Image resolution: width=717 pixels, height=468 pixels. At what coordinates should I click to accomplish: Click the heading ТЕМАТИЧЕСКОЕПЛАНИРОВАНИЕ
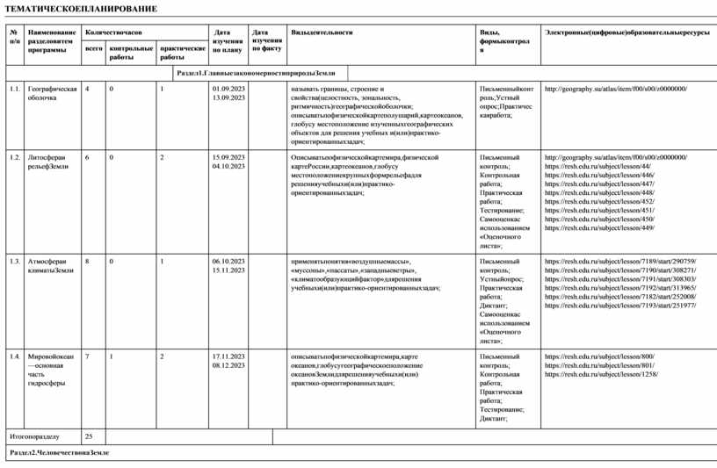(x=82, y=9)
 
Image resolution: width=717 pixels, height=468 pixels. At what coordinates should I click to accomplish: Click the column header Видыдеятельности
(x=322, y=32)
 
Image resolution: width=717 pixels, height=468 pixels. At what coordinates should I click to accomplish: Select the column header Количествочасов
(x=113, y=32)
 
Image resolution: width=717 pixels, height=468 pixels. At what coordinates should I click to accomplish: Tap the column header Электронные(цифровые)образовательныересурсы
(x=626, y=32)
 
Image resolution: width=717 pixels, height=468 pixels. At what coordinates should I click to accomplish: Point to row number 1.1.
(x=14, y=89)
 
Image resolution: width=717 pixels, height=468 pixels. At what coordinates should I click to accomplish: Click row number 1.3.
(x=14, y=261)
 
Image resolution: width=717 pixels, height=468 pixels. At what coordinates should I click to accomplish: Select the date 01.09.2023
(x=228, y=89)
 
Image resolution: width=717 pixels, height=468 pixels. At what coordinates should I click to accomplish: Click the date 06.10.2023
(x=228, y=261)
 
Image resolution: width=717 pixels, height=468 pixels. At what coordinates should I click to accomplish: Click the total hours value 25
(x=89, y=436)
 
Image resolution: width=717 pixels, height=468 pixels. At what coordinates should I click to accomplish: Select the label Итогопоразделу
(x=34, y=436)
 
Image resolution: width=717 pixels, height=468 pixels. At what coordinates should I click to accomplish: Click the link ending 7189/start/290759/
(x=620, y=261)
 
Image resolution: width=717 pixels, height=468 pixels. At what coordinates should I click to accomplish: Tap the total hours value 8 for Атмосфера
(x=87, y=261)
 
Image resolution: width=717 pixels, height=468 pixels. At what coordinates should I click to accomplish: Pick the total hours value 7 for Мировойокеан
(x=87, y=356)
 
